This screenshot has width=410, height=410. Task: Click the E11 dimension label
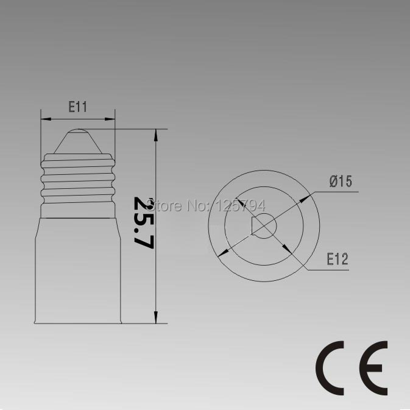tap(78, 108)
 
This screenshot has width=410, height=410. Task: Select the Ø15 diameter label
tap(341, 181)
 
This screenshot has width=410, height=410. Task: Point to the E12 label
tap(337, 260)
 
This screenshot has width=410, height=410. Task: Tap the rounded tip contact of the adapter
tap(77, 133)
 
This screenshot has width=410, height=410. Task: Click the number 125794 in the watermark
tap(242, 205)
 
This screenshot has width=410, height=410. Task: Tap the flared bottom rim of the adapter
tap(77, 320)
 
